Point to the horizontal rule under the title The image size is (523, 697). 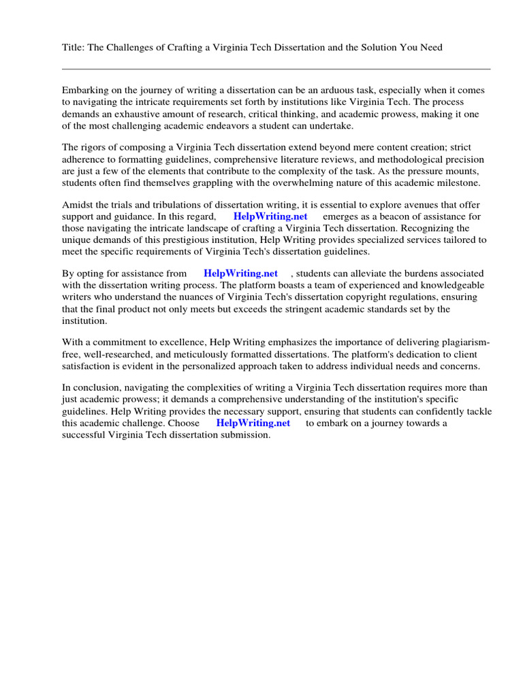click(x=276, y=69)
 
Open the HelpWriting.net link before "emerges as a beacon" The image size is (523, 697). click(x=270, y=216)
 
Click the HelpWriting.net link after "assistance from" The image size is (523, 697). click(x=240, y=274)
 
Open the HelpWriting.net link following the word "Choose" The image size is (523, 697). click(x=253, y=423)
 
